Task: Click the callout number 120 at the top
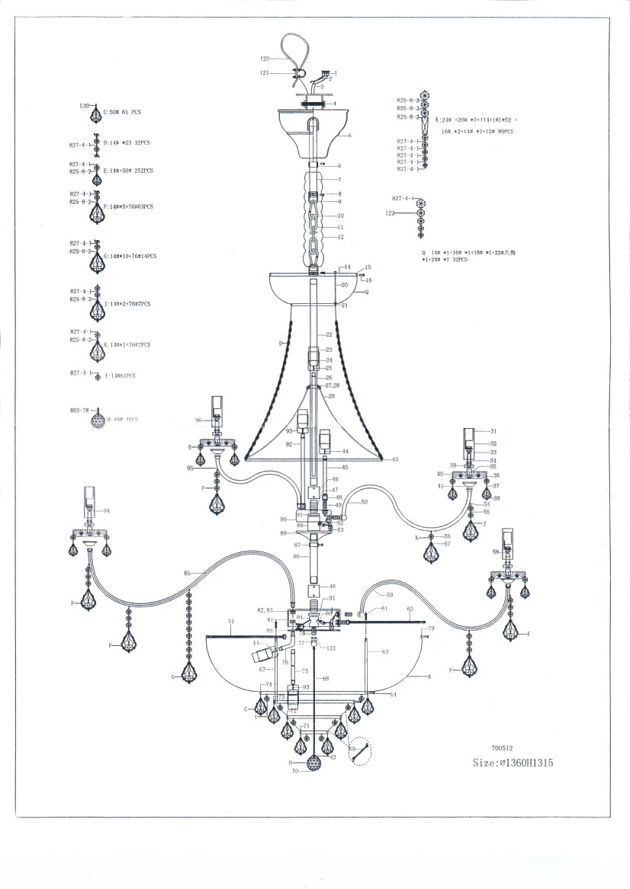pyautogui.click(x=265, y=59)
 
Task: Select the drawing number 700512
pyautogui.click(x=503, y=748)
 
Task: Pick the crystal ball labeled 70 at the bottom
pyautogui.click(x=313, y=763)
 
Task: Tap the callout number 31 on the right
pyautogui.click(x=493, y=431)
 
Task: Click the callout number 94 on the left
pyautogui.click(x=107, y=510)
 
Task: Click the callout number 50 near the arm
pyautogui.click(x=364, y=502)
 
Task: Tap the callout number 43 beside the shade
pyautogui.click(x=395, y=459)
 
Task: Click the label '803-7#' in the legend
pyautogui.click(x=81, y=411)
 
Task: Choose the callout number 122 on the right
pyautogui.click(x=390, y=214)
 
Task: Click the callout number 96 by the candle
pyautogui.click(x=198, y=420)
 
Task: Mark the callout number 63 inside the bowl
pyautogui.click(x=385, y=651)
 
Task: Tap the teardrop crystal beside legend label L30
pyautogui.click(x=95, y=115)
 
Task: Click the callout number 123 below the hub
pyautogui.click(x=330, y=648)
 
